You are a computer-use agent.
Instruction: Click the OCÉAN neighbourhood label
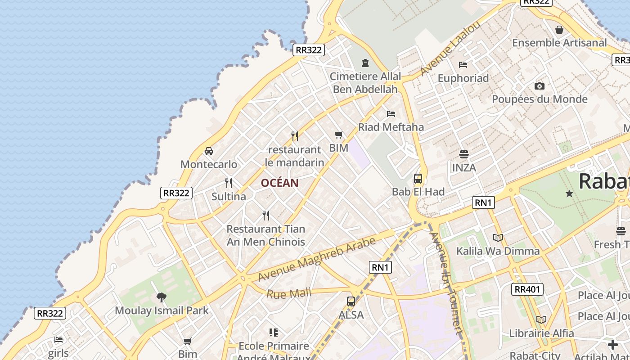coord(279,183)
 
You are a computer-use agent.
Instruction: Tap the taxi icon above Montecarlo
coord(209,151)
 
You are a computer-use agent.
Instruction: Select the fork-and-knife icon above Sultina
coord(229,183)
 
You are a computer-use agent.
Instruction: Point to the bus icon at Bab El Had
coord(418,179)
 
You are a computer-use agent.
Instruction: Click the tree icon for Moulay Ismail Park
coord(162,297)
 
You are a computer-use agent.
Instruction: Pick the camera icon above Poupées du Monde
coord(540,86)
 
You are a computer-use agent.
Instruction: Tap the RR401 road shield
coord(527,289)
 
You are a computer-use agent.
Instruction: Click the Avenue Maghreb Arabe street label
coord(316,259)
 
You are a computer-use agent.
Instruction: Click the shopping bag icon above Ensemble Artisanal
coord(559,30)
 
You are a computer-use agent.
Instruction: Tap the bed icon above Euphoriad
coord(463,65)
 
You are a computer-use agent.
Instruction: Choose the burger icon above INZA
coord(464,154)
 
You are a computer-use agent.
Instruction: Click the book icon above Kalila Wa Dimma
coord(498,238)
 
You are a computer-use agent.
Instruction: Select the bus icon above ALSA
coord(351,301)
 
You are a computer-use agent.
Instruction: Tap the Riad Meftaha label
coord(391,127)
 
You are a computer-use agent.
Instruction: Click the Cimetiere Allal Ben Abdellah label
coord(365,83)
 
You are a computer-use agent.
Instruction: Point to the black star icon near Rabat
coord(569,193)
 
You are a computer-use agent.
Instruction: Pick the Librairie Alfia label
coord(541,333)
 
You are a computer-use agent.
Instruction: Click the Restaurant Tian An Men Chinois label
coord(265,235)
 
